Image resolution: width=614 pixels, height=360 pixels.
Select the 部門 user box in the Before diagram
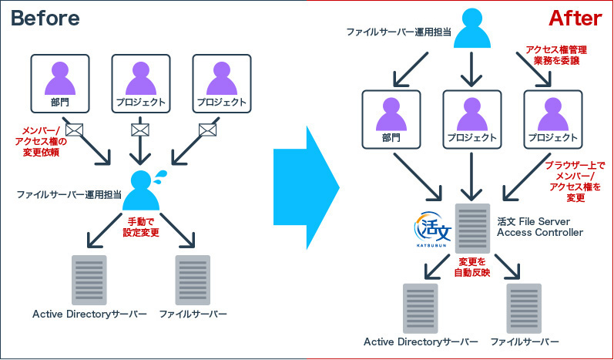pyautogui.click(x=59, y=83)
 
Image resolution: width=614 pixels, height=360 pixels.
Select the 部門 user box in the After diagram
pyautogui.click(x=391, y=119)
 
